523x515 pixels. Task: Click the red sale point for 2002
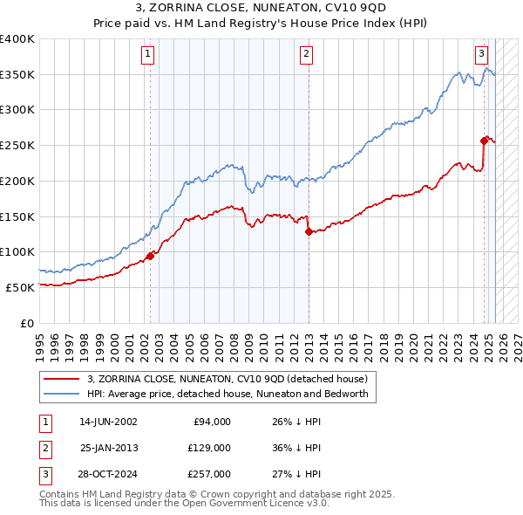(150, 256)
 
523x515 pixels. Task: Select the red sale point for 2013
(309, 231)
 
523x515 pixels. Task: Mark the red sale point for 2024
(484, 140)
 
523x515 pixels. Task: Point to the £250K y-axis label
(17, 145)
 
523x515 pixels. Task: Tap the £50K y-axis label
(20, 287)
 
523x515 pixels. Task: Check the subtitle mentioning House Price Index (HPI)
(261, 26)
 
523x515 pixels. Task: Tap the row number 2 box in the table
(44, 448)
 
